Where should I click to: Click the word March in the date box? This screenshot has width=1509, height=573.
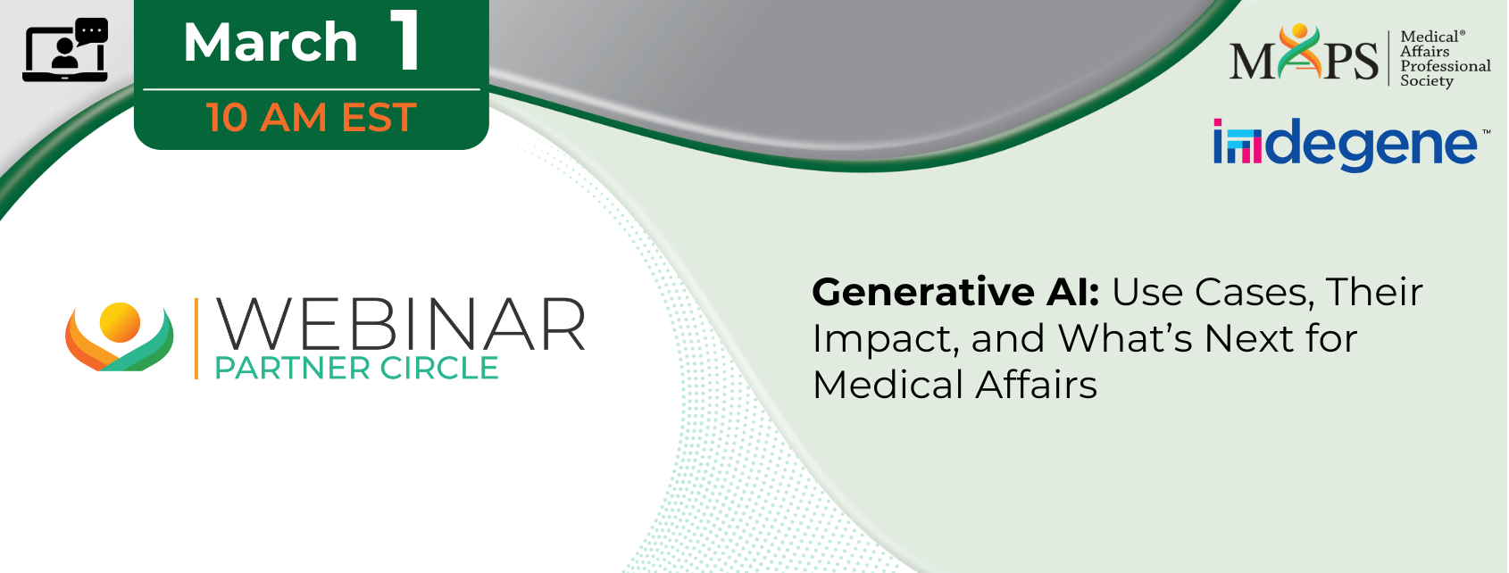pos(271,42)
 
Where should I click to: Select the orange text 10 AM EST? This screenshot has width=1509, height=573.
pos(312,117)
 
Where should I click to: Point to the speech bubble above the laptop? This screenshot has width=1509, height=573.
pos(92,31)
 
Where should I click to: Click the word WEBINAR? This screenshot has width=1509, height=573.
pos(400,325)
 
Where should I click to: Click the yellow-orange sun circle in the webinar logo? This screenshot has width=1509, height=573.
pos(120,322)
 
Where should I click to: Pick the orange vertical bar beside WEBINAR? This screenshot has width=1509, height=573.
pos(196,338)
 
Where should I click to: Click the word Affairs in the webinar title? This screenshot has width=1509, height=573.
pos(1036,386)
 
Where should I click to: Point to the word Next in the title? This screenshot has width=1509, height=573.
pos(1247,338)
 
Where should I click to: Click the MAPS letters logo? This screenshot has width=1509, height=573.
pos(1305,53)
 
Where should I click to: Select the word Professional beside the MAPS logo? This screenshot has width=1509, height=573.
pos(1445,67)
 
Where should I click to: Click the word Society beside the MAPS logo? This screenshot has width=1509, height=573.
pos(1427,81)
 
